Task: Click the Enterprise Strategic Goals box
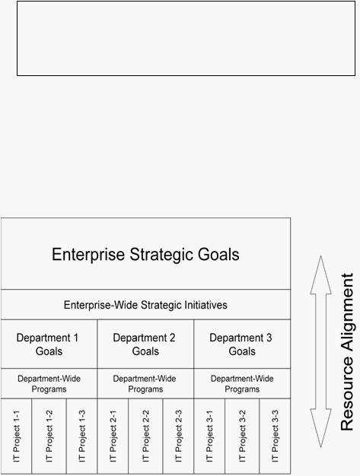145,253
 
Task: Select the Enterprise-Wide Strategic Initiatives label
145,305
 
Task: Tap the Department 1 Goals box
49,344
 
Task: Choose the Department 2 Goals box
145,344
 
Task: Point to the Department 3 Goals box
242,344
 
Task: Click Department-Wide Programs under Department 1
49,384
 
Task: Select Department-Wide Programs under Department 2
145,384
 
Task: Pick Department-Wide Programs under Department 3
242,384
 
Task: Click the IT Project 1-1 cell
17,436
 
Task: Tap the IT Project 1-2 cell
49,436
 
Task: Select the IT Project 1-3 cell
82,436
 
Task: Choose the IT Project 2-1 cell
113,436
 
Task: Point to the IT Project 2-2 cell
145,436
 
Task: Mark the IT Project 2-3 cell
178,436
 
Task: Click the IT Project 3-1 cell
209,436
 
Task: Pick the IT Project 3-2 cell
242,436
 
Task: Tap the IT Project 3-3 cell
275,436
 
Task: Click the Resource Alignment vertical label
347,351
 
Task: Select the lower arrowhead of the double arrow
321,428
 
